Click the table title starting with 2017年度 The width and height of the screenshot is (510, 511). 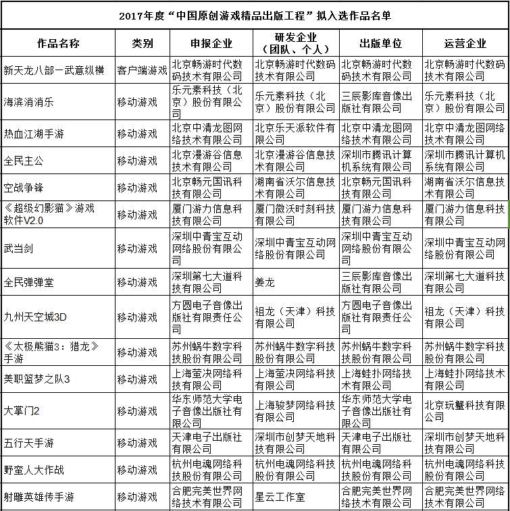point(254,15)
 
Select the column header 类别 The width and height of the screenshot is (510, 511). point(143,44)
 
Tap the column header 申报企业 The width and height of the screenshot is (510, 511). point(211,44)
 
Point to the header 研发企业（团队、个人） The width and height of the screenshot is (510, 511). point(296,43)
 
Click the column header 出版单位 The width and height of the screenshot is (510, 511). point(380,44)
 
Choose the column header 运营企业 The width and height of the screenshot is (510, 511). point(465,44)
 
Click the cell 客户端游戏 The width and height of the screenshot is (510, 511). point(143,70)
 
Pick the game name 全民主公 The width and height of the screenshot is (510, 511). point(23,161)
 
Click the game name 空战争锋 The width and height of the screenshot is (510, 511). point(23,188)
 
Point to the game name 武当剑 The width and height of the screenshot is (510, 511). point(18,248)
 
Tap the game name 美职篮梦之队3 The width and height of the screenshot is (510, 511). point(37,379)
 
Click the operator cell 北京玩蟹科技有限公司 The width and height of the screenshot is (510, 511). point(465,410)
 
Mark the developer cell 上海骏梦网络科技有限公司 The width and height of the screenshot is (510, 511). point(296,410)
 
